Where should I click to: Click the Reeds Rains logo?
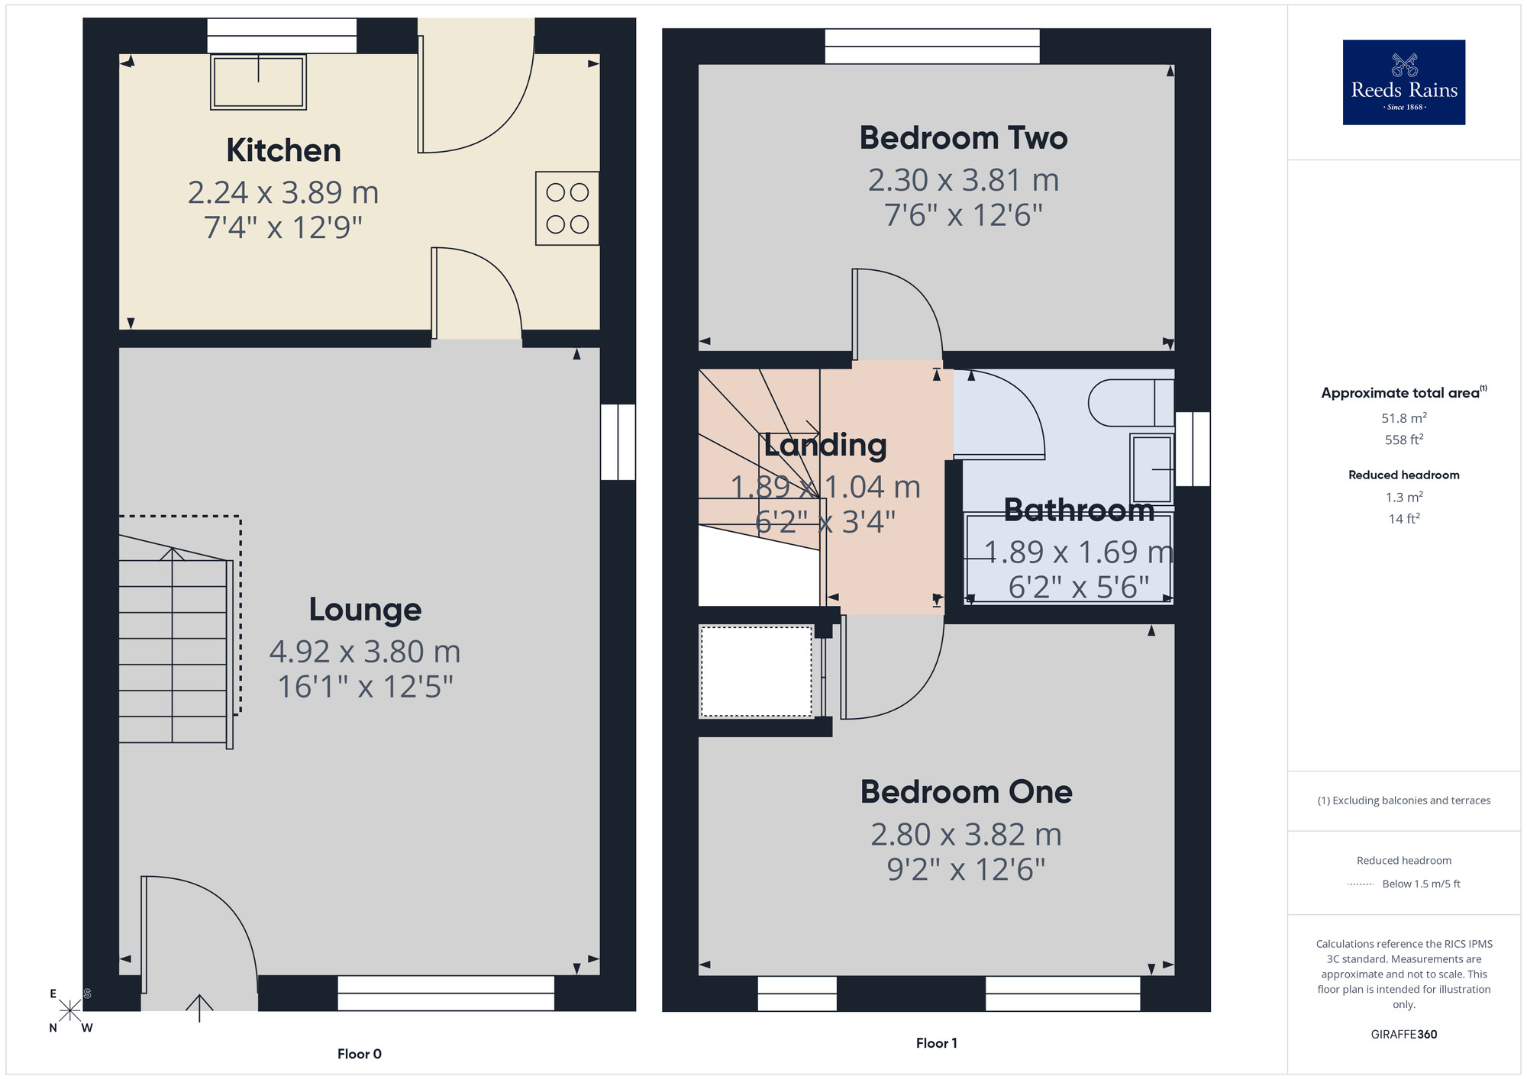1403,82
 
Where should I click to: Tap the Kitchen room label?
283,150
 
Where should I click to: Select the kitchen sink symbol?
258,82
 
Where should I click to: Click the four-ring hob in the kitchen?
567,208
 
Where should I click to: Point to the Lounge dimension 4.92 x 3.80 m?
365,652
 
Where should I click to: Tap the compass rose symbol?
69,1010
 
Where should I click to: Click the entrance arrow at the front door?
199,1007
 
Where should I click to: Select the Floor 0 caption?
359,1054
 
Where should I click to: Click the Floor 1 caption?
936,1043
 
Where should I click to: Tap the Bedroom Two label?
964,138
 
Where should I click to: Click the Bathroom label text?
1078,510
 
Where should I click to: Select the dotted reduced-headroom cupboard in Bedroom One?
756,672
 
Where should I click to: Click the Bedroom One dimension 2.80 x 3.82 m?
966,835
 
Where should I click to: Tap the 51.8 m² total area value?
1403,418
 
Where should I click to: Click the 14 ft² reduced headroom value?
1403,519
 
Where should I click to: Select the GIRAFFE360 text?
1403,1035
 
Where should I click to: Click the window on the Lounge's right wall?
618,442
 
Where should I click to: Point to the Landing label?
825,445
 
